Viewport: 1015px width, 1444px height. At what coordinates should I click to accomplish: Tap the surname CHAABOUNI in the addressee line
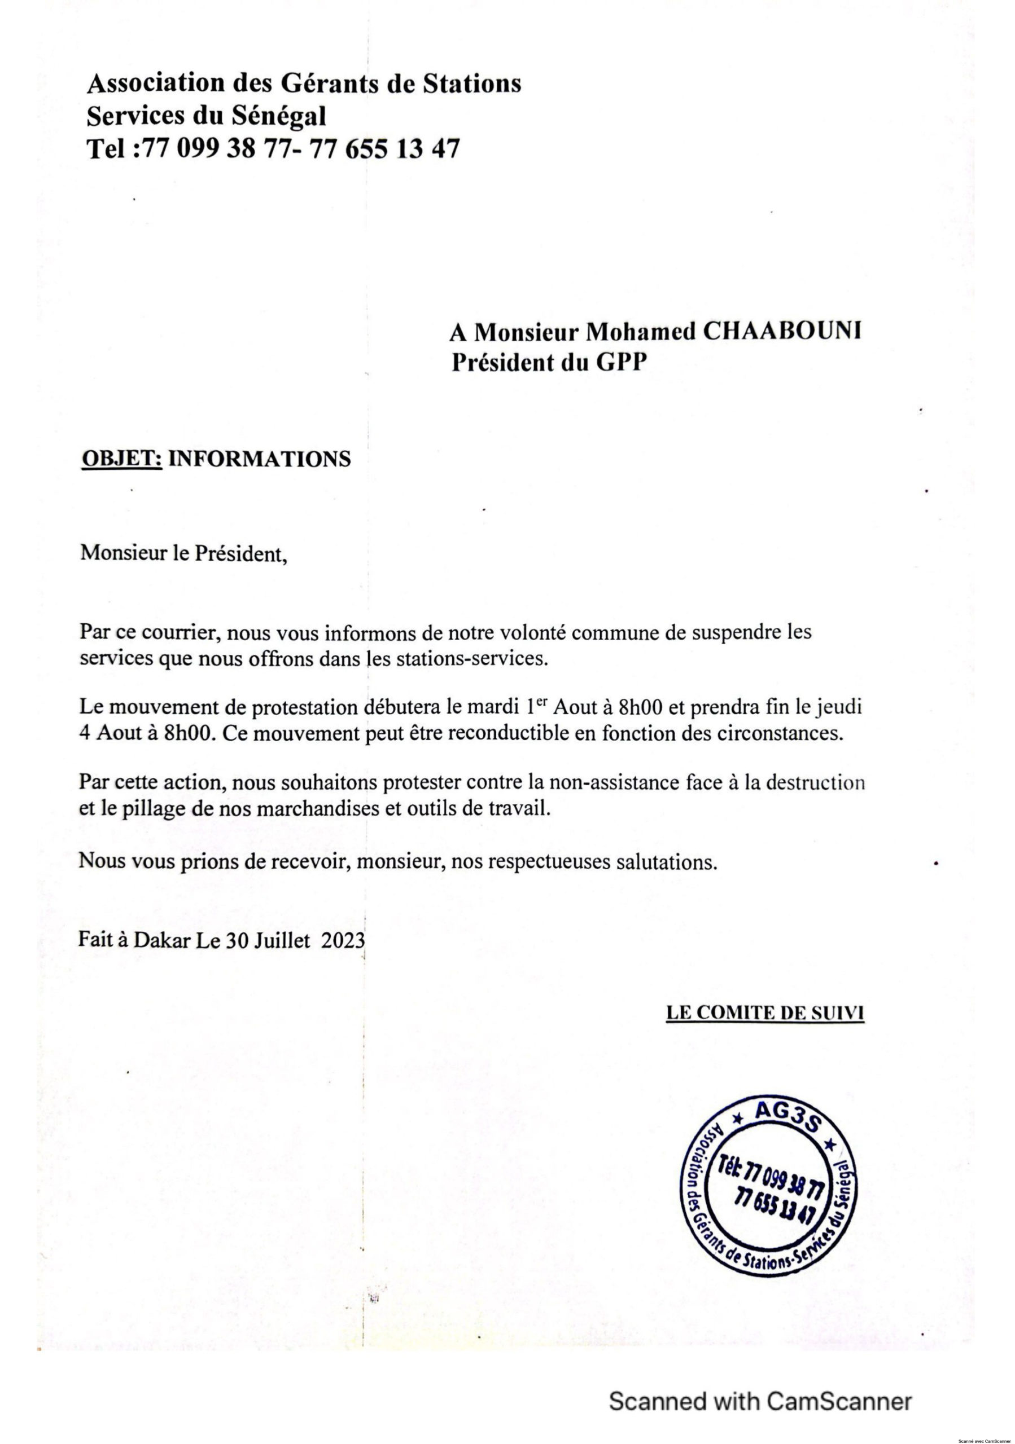tap(780, 332)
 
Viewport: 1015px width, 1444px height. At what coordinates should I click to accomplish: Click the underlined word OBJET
tap(122, 459)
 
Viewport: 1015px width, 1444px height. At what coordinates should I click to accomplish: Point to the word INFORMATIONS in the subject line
tap(259, 459)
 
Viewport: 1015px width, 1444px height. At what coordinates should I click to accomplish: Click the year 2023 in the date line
tap(343, 940)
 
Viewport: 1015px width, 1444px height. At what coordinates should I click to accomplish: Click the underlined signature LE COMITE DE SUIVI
tap(764, 1012)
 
